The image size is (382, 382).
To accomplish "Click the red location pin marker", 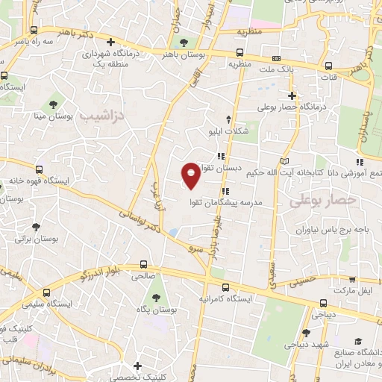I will pos(191,175).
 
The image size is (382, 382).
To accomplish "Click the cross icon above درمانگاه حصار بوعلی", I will pos(292,95).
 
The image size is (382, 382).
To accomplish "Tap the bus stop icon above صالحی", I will pos(144,264).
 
